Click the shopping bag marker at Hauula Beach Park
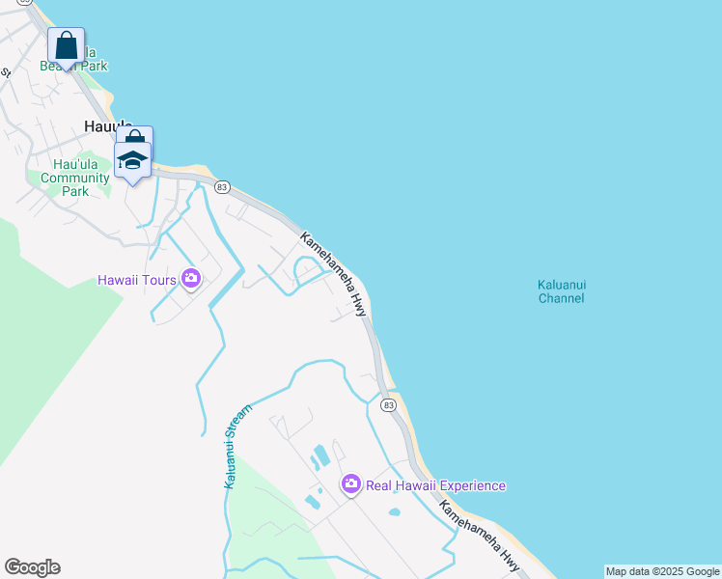coord(66,44)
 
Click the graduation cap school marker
coord(132,160)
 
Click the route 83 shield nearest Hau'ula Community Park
coord(223,186)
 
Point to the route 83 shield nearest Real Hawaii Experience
coord(388,405)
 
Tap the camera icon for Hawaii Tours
coord(190,279)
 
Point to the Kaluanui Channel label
coord(562,291)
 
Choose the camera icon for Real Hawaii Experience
coord(351,484)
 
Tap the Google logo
coord(33,567)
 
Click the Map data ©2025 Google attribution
coord(662,571)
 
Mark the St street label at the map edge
coord(4,72)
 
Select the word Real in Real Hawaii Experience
coord(379,485)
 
